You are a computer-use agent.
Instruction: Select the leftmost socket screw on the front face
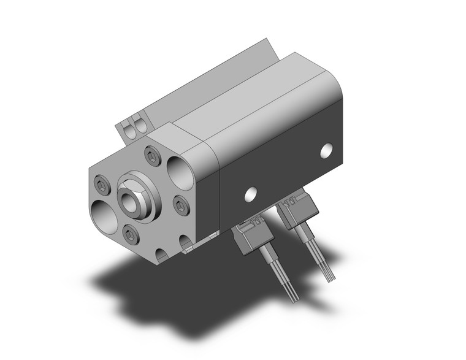pos(101,185)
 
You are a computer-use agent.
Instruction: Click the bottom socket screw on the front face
pos(129,233)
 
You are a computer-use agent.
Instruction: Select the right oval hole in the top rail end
pos(141,126)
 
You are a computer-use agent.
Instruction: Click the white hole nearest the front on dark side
pos(249,194)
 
